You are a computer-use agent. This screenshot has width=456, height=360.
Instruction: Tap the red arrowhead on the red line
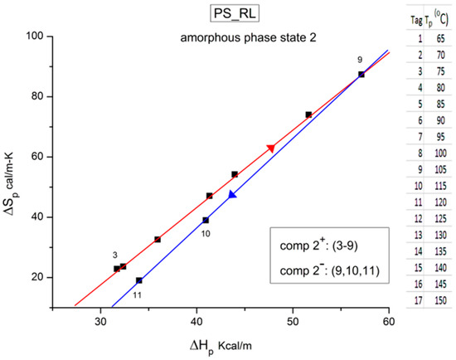(270, 148)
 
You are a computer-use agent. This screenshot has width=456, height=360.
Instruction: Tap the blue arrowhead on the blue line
(232, 195)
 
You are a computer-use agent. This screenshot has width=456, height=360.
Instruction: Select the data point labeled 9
(361, 75)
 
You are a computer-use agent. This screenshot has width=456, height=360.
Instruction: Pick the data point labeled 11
(139, 280)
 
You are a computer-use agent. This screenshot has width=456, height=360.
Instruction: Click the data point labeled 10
(206, 220)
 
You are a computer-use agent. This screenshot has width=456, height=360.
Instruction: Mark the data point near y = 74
(308, 114)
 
